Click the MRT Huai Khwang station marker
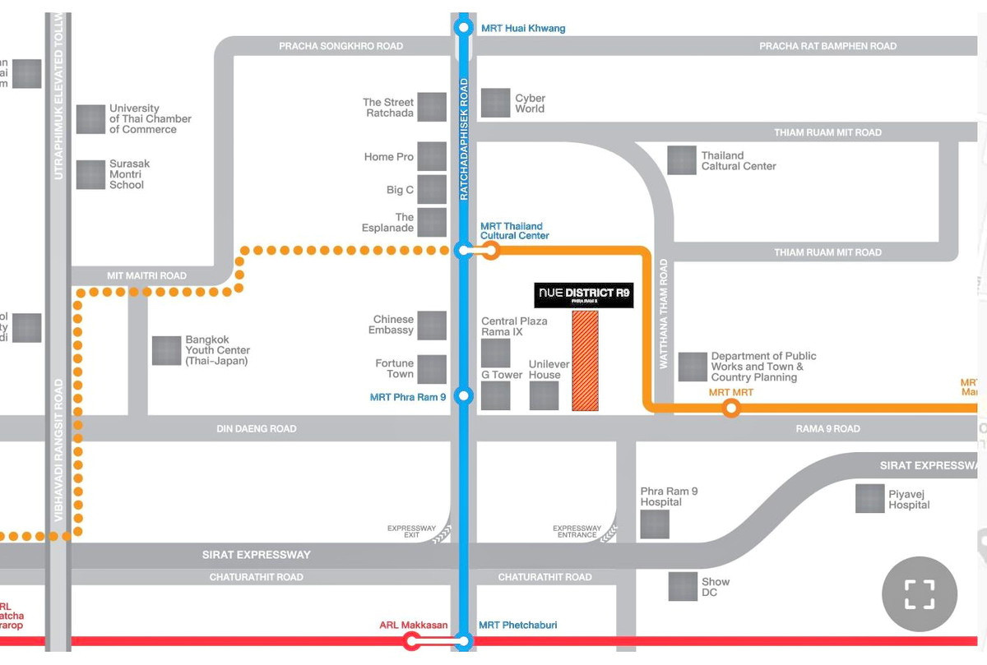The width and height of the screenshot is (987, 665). (464, 29)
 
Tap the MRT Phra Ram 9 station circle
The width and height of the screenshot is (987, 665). (464, 396)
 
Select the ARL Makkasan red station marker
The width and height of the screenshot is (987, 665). (411, 640)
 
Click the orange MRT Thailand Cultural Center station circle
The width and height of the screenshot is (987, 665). (491, 251)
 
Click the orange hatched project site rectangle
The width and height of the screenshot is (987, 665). (585, 360)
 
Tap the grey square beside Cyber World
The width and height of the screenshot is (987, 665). (495, 103)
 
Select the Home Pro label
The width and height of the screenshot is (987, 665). (389, 156)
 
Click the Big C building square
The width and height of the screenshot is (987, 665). (432, 189)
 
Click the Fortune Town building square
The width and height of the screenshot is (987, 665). (432, 369)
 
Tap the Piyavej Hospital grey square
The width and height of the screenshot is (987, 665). (869, 499)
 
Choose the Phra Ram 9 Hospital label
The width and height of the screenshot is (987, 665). (669, 496)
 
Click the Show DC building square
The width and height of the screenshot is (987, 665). (683, 586)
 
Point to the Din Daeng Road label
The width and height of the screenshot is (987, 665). (256, 428)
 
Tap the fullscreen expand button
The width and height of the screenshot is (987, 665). (920, 593)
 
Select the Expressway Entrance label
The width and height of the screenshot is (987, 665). (577, 531)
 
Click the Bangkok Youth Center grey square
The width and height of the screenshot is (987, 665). (166, 350)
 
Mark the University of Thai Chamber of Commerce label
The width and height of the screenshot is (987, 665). (150, 118)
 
